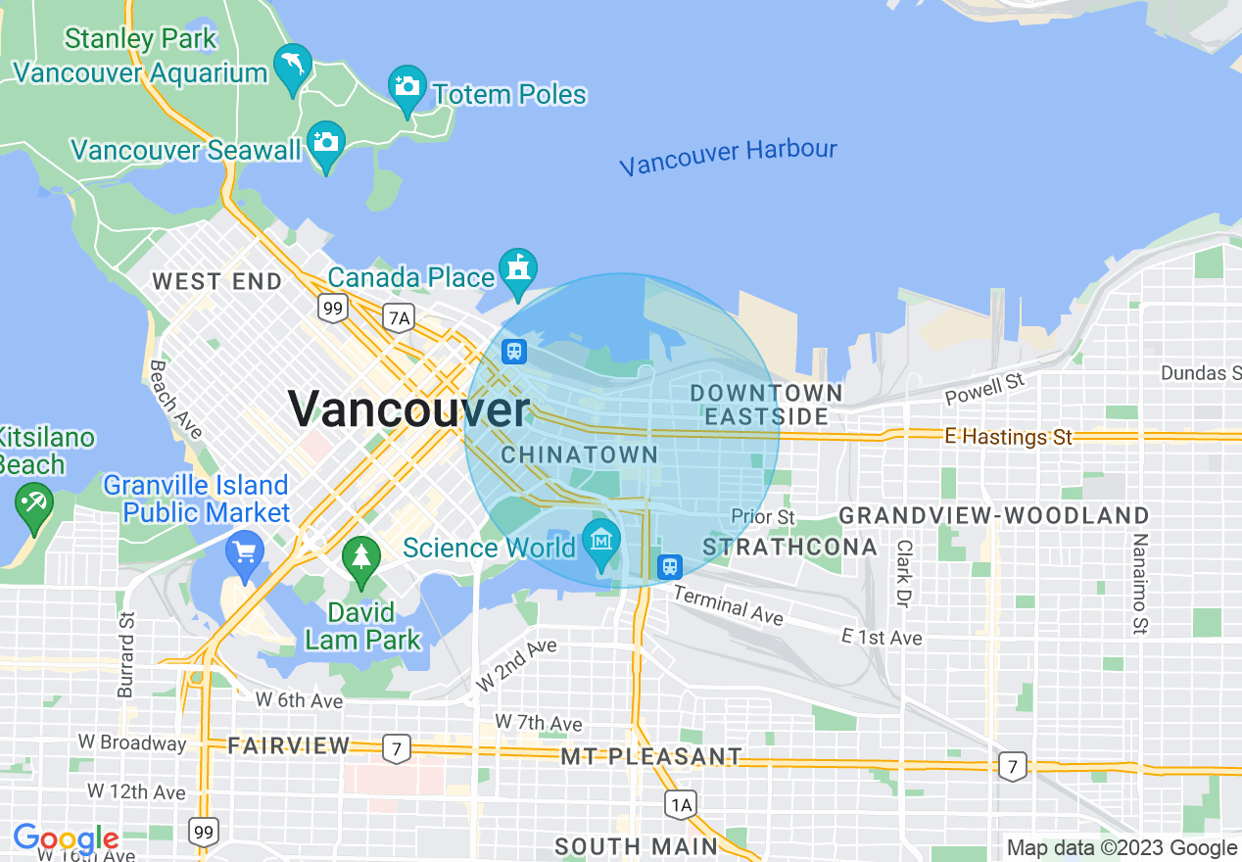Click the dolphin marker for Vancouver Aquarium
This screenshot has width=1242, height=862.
coord(293,66)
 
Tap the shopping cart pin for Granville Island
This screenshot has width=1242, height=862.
coord(244,552)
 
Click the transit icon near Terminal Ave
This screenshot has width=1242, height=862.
coord(669,566)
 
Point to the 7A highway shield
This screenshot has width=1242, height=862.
coord(399,317)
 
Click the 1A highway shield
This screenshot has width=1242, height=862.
coord(680,805)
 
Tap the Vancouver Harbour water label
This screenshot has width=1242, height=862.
coord(728,157)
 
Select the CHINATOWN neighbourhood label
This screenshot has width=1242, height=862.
coord(579,455)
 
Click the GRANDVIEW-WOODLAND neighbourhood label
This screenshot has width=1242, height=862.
coord(993,515)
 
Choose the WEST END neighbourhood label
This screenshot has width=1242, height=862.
coord(216,281)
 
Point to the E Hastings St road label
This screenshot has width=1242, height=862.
coord(1009,437)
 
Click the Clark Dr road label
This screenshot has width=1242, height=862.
coord(903,573)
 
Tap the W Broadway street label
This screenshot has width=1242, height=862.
coord(132,742)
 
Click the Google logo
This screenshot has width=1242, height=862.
coord(66,839)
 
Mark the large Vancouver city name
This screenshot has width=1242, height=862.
coord(408,408)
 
